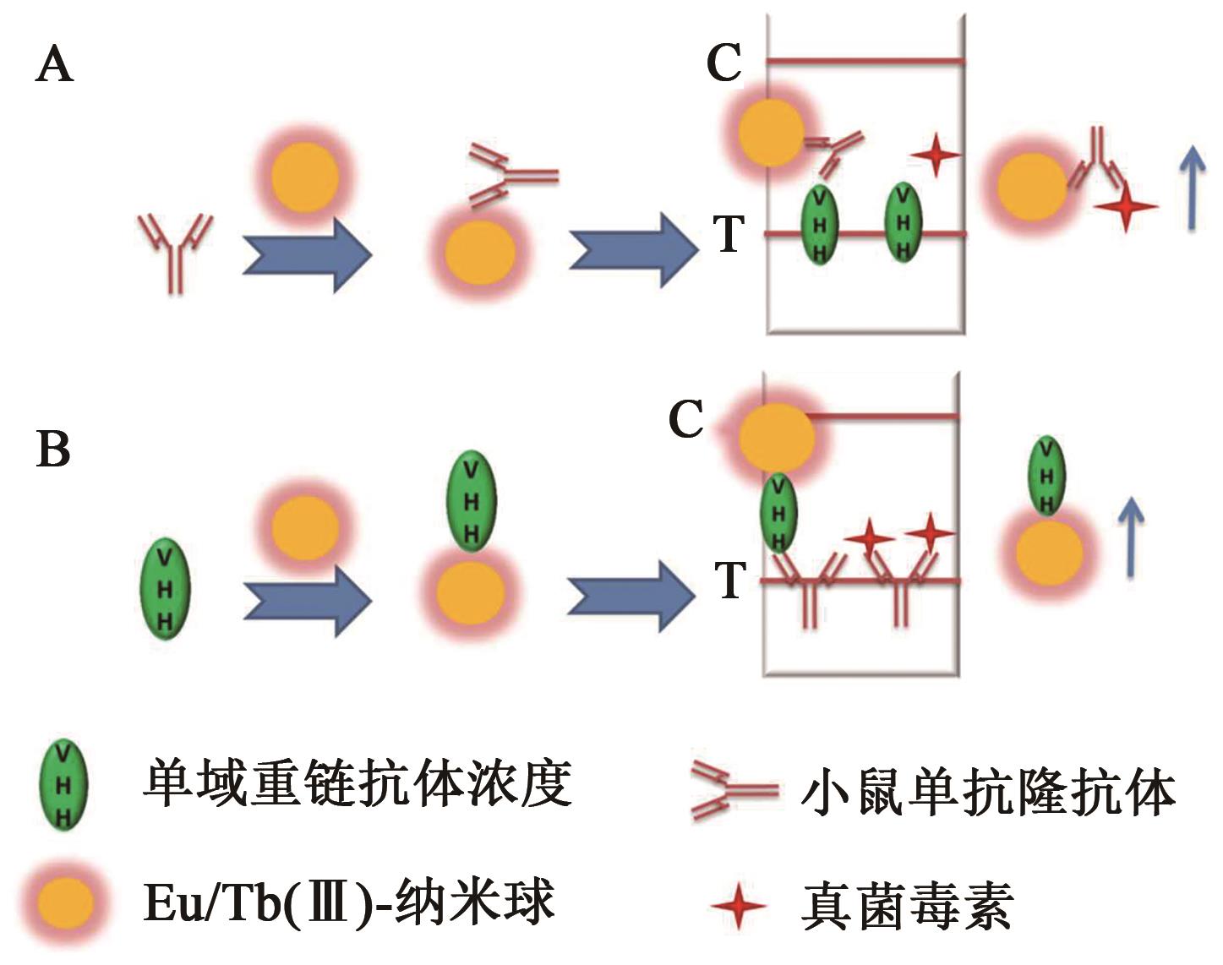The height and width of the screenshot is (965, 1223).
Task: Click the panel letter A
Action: pos(55,64)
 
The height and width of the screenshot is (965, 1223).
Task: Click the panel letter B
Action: pos(53,449)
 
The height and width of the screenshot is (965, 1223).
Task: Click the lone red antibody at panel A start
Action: pos(176,249)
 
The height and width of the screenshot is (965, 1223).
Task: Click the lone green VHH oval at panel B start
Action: pos(165,590)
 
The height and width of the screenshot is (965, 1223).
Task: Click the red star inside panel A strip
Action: pos(936,155)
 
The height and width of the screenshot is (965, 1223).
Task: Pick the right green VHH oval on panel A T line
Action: pos(904,223)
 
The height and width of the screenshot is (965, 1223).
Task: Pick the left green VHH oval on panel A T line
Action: pos(819,225)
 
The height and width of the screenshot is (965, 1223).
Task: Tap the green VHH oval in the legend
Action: pos(64,785)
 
